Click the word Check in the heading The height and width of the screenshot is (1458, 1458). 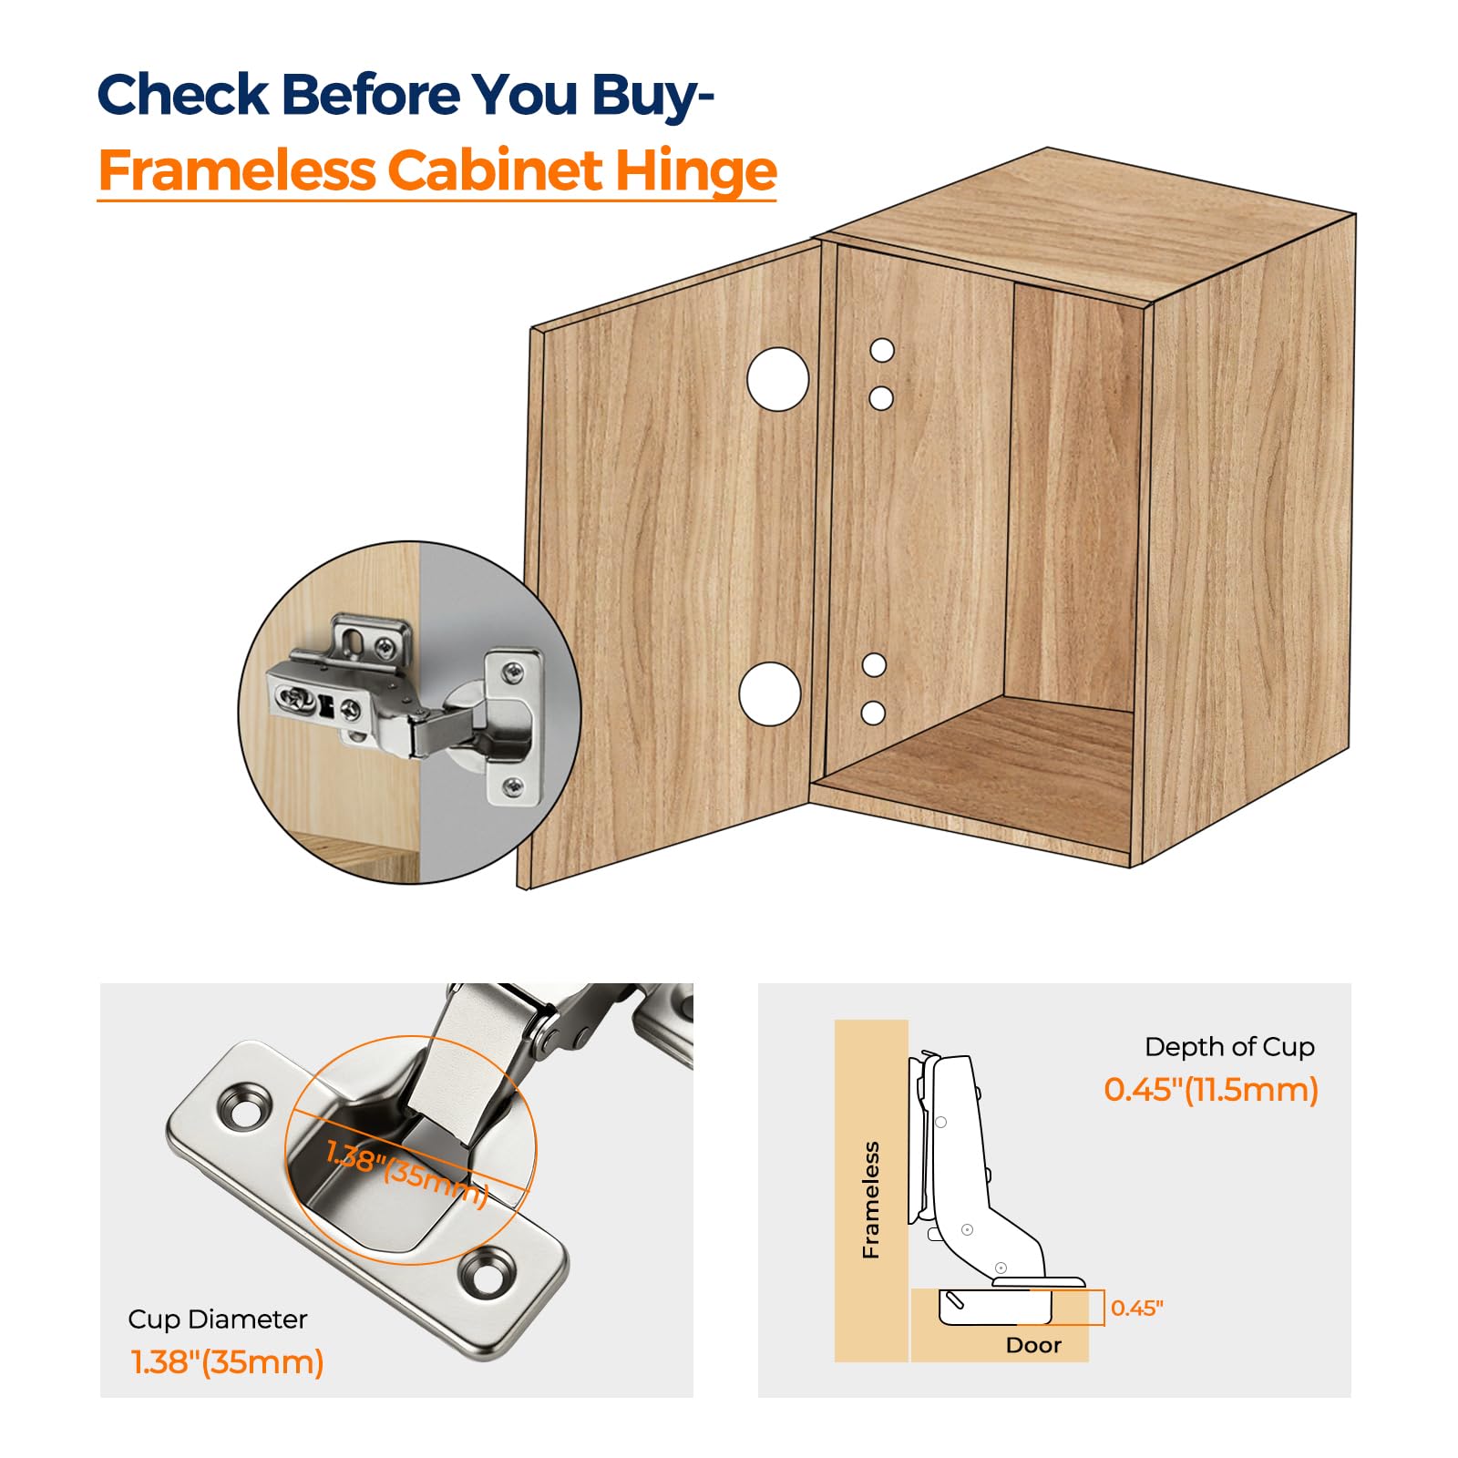click(183, 94)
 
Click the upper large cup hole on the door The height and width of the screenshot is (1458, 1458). click(777, 379)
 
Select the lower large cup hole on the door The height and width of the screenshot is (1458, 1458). click(770, 694)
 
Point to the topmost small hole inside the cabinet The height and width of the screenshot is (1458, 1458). click(882, 350)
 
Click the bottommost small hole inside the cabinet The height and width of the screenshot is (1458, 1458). click(873, 713)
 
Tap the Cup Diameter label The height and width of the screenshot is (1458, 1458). click(217, 1320)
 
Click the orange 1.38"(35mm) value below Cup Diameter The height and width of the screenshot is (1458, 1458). click(228, 1362)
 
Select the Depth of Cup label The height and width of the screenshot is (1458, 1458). click(1229, 1048)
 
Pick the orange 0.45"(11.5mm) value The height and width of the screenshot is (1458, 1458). click(1211, 1090)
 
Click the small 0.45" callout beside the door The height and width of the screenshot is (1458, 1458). click(1137, 1309)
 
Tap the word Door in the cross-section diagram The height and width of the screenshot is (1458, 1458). click(1033, 1345)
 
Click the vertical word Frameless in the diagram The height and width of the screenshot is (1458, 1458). click(872, 1199)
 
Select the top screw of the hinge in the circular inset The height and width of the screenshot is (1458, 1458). click(516, 674)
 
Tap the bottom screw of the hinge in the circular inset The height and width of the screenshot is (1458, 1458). click(515, 785)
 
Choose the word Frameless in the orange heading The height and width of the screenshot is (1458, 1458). click(237, 170)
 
